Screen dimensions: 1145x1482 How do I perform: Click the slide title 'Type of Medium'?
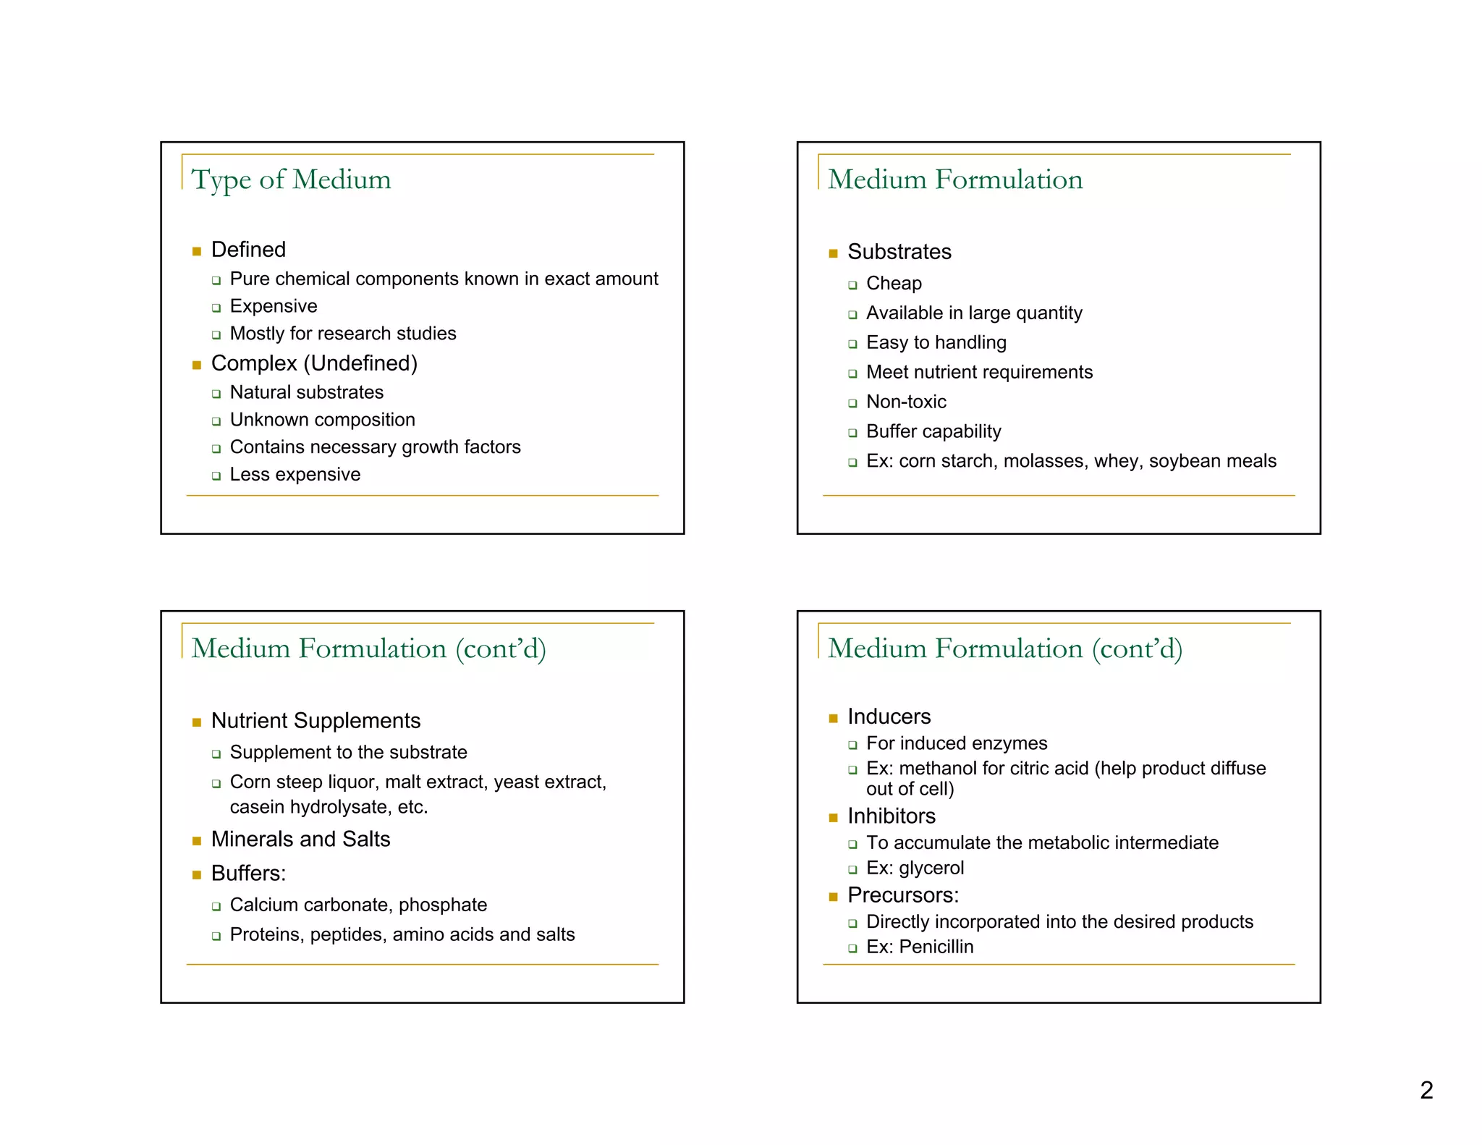point(291,179)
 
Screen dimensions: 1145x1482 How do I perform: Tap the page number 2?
point(1426,1090)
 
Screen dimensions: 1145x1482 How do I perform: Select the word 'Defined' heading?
point(248,250)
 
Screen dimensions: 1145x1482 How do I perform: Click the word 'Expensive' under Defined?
point(274,306)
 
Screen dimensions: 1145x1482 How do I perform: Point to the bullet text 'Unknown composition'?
point(322,420)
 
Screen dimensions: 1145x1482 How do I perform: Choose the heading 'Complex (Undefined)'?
point(314,363)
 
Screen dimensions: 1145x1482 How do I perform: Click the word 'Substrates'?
point(899,252)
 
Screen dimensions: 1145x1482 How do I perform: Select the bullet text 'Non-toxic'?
point(906,402)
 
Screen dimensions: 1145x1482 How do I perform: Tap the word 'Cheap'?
point(894,284)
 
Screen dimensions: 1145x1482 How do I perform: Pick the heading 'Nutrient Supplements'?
point(316,721)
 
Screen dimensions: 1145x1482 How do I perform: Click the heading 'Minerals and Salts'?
point(300,839)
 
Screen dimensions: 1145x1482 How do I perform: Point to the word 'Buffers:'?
point(248,874)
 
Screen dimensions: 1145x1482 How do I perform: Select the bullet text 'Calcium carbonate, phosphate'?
point(358,905)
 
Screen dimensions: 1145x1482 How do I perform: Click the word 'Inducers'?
point(889,717)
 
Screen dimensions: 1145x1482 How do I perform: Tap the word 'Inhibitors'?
point(892,816)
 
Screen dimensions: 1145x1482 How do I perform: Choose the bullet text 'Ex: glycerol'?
point(915,868)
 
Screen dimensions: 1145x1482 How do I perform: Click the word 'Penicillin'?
point(936,947)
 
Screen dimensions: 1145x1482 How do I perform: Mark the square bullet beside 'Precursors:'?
point(833,897)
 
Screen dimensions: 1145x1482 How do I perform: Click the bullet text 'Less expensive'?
point(295,475)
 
